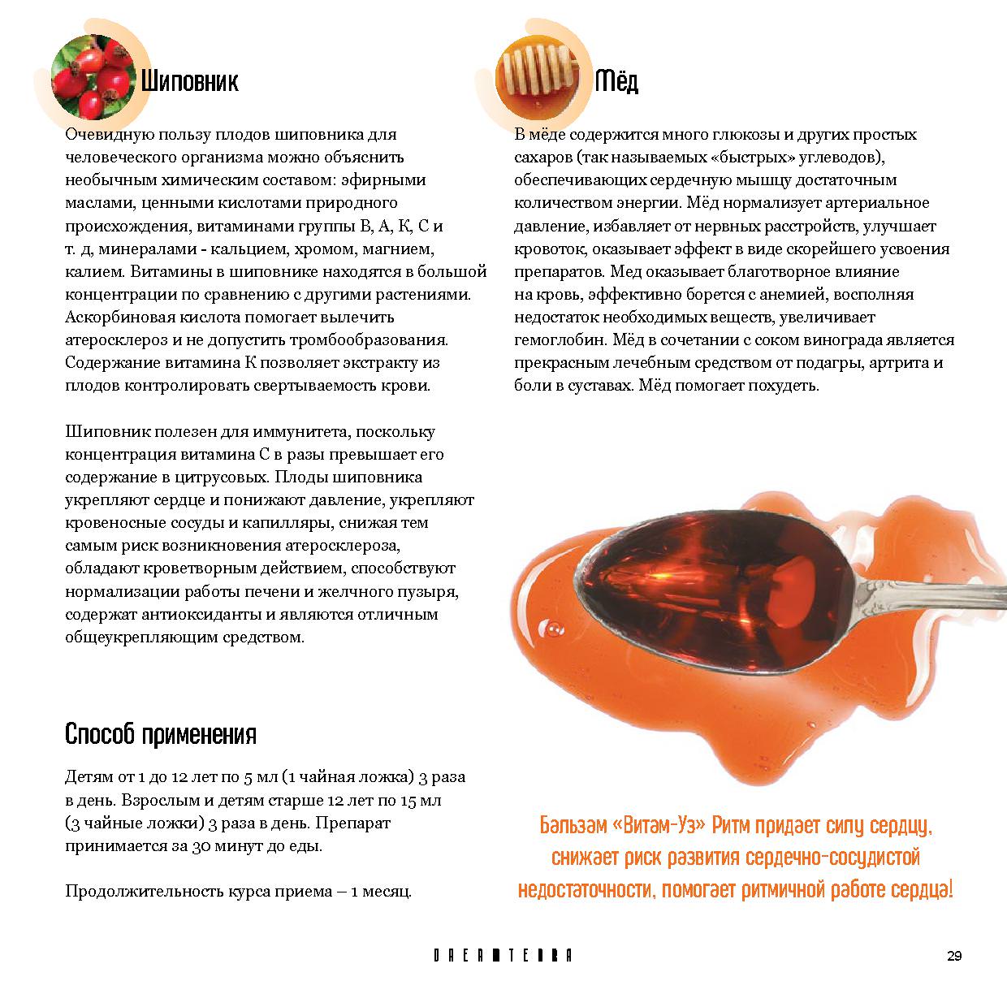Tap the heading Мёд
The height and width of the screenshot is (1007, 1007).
[616, 81]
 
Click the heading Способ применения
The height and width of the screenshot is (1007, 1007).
[160, 735]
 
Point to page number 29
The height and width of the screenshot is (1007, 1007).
[953, 956]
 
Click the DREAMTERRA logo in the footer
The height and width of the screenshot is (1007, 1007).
[503, 956]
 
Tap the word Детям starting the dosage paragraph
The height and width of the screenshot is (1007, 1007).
[87, 777]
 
